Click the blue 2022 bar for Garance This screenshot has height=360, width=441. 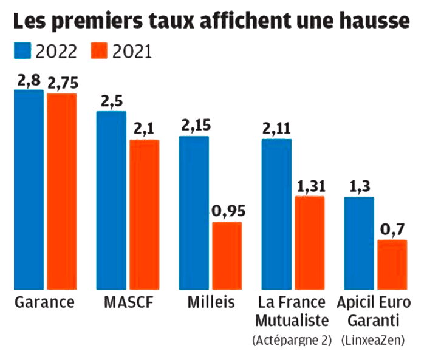[29, 189]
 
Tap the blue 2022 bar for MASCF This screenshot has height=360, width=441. [111, 200]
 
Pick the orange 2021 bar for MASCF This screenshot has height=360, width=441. [144, 214]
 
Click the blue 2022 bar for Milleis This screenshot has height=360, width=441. [194, 212]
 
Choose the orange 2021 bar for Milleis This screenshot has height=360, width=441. [227, 256]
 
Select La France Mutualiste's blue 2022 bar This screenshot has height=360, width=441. [276, 214]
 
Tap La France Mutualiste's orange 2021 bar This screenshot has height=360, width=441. [309, 243]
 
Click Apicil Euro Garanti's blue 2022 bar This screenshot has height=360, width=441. [359, 243]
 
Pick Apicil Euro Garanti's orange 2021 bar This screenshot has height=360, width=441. [392, 265]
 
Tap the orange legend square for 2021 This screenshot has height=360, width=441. [99, 51]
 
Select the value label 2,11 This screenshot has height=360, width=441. [276, 129]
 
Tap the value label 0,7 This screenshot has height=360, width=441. [392, 231]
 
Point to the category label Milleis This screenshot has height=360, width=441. [210, 302]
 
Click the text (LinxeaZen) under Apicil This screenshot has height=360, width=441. [374, 341]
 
